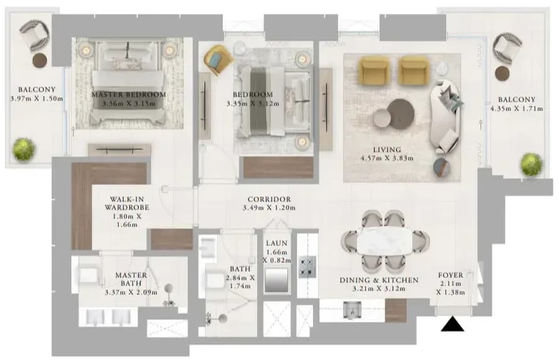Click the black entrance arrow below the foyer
pos(452,325)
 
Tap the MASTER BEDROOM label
pos(129,95)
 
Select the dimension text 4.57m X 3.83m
pos(387,158)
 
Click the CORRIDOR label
pos(269,199)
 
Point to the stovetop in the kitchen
pos(307,267)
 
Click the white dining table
pos(385,241)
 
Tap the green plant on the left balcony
pos(24,149)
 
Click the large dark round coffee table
pos(401,114)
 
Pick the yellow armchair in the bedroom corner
pos(218,60)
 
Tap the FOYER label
pos(450,275)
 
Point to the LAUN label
pos(277,243)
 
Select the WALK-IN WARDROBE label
pos(127,203)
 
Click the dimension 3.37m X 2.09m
pos(131,293)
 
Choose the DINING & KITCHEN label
pos(379,280)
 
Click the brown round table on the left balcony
pos(40,61)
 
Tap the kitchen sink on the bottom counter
pos(352,310)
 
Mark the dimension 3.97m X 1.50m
pos(37,98)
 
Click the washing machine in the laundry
pos(277,280)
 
